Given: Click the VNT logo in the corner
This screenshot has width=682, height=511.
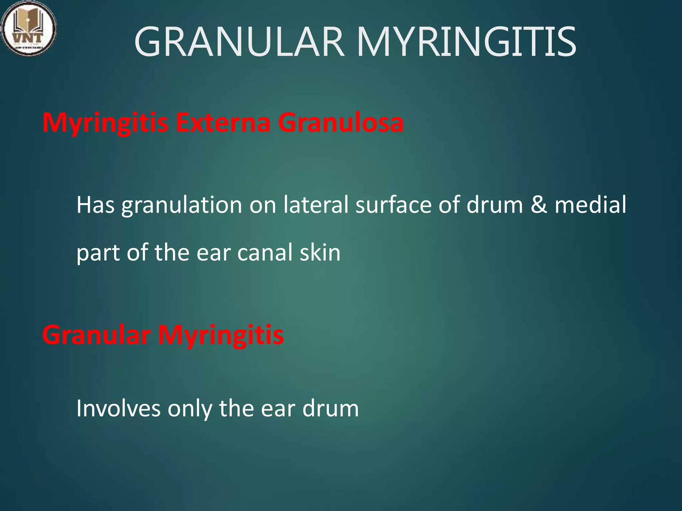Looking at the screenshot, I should tap(29, 28).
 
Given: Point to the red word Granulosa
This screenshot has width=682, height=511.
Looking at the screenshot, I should tap(341, 122).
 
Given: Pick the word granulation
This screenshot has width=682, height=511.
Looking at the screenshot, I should tap(181, 206).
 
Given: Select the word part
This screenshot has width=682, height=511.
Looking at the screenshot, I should tap(98, 253).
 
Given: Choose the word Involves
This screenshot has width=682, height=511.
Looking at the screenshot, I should tap(119, 408).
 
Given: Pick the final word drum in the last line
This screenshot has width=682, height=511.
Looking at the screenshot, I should tap(330, 408).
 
